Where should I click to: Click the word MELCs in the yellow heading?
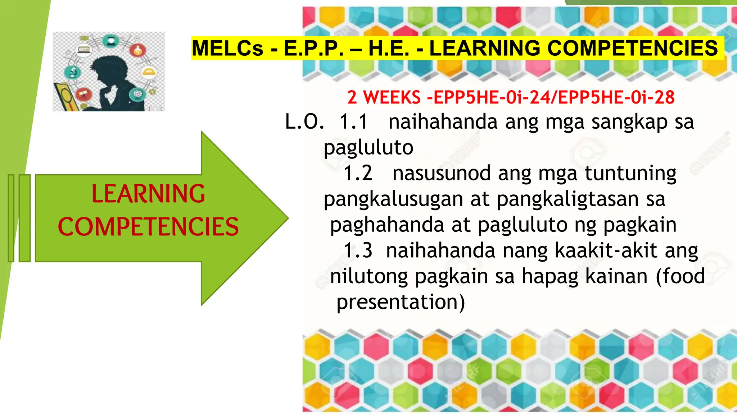227,49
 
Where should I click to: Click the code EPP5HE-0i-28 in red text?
616,97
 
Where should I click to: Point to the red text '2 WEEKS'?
384,97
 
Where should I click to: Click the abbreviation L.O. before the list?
304,122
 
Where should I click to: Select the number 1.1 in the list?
354,122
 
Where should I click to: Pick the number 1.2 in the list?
358,174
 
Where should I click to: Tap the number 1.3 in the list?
358,250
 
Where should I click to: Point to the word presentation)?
401,302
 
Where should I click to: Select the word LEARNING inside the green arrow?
148,194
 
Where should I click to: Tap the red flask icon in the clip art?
138,50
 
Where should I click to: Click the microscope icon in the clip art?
73,72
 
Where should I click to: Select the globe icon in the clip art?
137,94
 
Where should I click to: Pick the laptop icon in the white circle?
83,50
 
